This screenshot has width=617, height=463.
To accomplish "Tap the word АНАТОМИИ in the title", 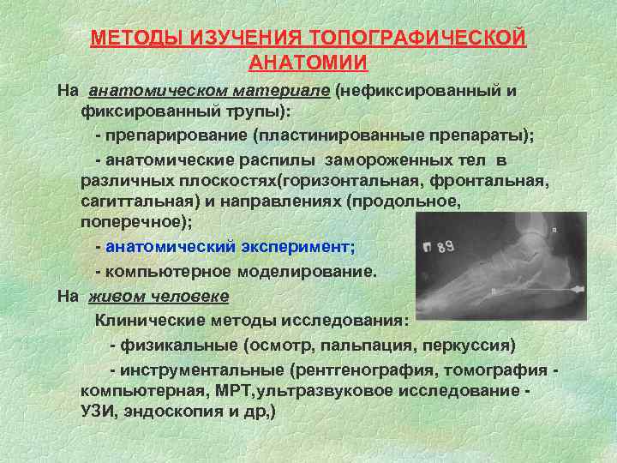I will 308,63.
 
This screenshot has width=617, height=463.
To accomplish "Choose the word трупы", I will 253,112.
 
